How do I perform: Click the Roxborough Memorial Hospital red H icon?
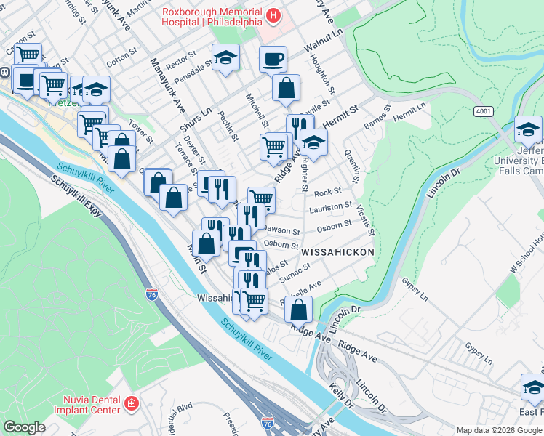(273, 15)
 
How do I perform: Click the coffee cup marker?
(273, 60)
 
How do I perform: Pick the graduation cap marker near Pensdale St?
(226, 58)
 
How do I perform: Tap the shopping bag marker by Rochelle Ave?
(299, 310)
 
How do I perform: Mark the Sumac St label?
(294, 271)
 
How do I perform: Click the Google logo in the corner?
(24, 427)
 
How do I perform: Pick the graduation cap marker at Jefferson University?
(529, 130)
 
